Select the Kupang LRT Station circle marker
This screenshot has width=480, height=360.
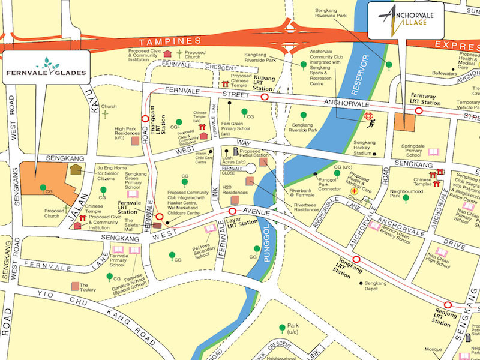[x=264, y=96]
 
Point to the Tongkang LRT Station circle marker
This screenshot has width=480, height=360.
[x=356, y=260]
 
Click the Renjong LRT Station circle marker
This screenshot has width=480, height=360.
[x=447, y=304]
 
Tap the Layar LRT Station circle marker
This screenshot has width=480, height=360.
[x=233, y=212]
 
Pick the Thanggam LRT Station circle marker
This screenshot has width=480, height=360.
[x=145, y=119]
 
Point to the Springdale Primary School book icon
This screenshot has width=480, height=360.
[x=434, y=152]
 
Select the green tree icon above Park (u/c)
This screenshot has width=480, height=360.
[x=281, y=328]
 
